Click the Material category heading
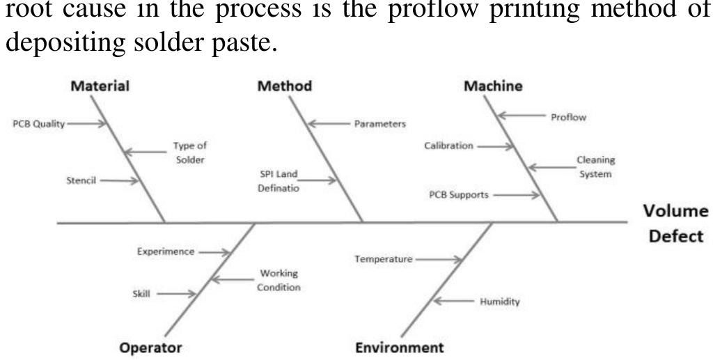click(x=101, y=86)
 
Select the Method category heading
click(x=284, y=86)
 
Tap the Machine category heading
click(x=494, y=86)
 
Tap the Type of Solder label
click(x=190, y=153)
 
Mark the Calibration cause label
click(x=448, y=146)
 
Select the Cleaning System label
click(x=595, y=167)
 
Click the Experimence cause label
click(x=166, y=252)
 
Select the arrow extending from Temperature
click(x=440, y=260)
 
